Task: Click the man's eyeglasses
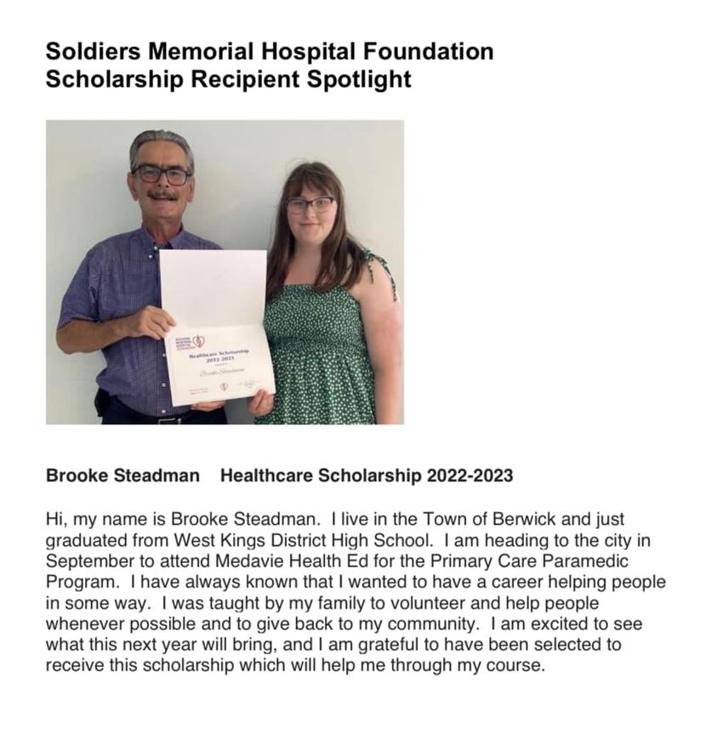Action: [162, 174]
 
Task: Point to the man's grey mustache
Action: [162, 195]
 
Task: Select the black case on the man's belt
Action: [104, 403]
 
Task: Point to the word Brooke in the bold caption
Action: [77, 475]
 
